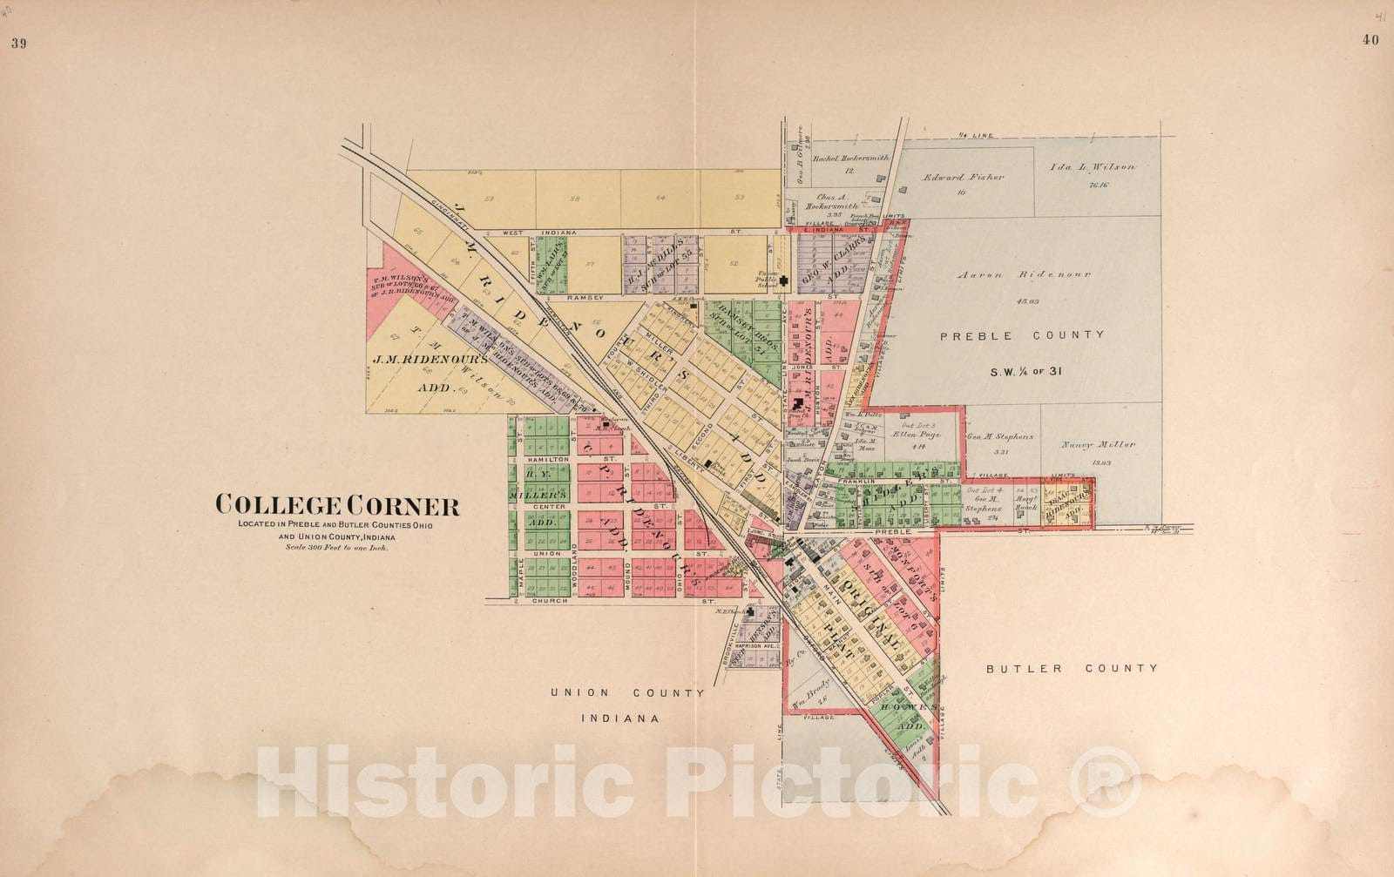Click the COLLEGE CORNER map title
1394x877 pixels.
click(x=337, y=504)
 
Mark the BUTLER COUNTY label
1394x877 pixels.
click(x=1072, y=668)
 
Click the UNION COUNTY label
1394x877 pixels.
click(x=626, y=693)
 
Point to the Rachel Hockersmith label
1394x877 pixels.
click(x=849, y=159)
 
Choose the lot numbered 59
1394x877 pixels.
click(x=490, y=199)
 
